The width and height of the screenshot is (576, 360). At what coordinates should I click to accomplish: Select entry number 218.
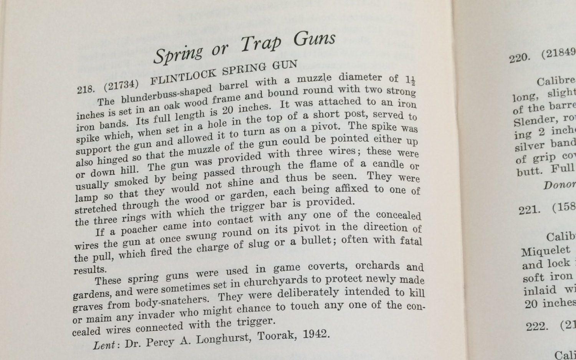click(x=85, y=89)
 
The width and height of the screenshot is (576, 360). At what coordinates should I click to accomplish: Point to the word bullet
click(x=316, y=241)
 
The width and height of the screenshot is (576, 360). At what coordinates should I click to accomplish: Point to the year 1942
click(x=316, y=334)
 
